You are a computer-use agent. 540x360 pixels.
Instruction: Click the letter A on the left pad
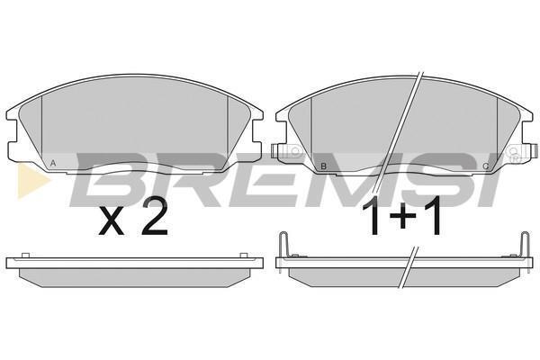[53, 163]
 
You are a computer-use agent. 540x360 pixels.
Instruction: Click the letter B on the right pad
[323, 166]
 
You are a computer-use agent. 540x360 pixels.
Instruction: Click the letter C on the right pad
[486, 166]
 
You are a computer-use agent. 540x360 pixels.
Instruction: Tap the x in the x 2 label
[112, 222]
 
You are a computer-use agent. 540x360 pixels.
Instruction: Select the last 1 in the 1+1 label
[433, 215]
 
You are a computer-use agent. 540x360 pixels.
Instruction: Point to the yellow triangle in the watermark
[31, 181]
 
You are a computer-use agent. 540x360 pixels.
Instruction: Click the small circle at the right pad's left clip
[295, 151]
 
